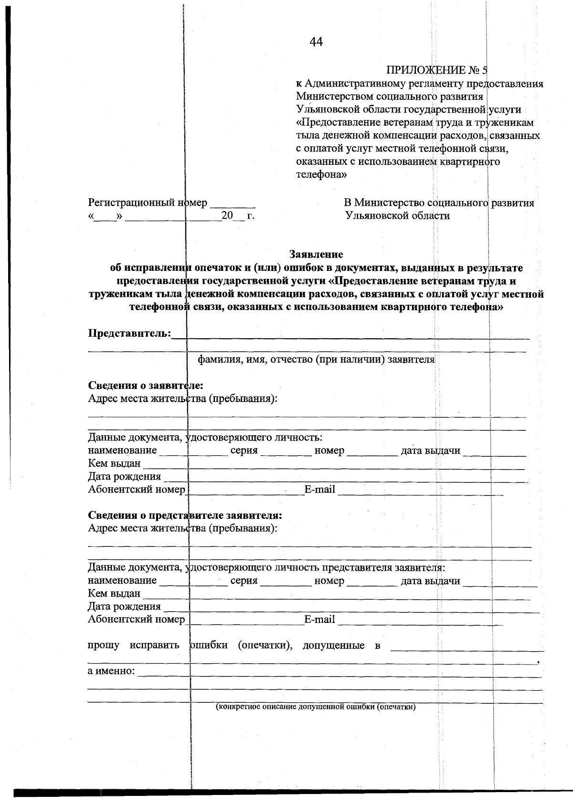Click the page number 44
316,42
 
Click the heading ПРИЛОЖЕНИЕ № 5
436,71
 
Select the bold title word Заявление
316,254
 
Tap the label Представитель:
129,333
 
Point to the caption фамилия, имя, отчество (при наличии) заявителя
316,359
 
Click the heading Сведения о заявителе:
146,385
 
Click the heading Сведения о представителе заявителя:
185,515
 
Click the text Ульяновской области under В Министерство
397,215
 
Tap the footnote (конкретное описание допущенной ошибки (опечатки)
316,707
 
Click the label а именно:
111,671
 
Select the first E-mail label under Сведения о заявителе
319,489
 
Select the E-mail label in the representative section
319,619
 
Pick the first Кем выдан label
114,463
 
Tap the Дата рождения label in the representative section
124,606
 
